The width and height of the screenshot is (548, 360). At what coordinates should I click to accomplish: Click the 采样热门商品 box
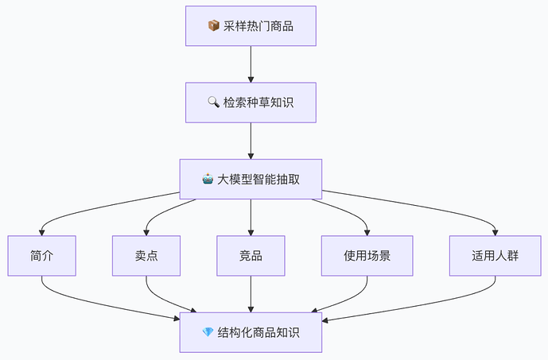[x=251, y=26]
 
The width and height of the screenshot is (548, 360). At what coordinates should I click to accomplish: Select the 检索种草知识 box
[x=251, y=103]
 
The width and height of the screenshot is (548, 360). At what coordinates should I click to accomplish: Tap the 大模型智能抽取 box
[x=251, y=179]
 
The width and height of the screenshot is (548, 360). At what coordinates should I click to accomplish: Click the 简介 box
[x=42, y=256]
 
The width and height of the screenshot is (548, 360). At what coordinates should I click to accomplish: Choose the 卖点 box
[x=146, y=256]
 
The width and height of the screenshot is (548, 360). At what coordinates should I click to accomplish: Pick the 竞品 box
[x=251, y=256]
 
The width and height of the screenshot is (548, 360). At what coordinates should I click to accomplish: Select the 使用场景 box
[x=367, y=256]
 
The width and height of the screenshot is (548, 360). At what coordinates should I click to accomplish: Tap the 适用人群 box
[x=495, y=256]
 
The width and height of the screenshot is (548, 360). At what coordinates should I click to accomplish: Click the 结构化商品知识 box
[x=251, y=332]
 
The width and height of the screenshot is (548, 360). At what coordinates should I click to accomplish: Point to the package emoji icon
[x=213, y=26]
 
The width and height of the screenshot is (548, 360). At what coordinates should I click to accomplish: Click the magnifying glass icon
[x=213, y=103]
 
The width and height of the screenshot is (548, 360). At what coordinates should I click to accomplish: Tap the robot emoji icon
[x=208, y=179]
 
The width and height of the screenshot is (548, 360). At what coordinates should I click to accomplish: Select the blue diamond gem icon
[x=208, y=332]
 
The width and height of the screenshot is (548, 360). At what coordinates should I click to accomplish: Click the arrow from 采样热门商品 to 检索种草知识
[x=251, y=64]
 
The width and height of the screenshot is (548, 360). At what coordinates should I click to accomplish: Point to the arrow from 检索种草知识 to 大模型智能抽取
[x=251, y=141]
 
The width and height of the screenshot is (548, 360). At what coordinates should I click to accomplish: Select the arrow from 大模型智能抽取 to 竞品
[x=251, y=217]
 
